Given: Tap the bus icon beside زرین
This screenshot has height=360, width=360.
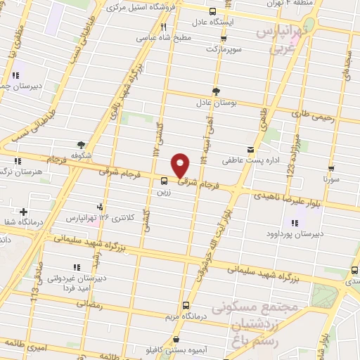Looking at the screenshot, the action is click(164, 181).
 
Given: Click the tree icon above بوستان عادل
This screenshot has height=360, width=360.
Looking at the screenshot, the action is click(216, 91).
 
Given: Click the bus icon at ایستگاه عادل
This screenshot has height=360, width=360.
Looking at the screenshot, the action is click(213, 11).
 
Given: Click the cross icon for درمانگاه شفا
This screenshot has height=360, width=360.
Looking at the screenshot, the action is click(24, 212).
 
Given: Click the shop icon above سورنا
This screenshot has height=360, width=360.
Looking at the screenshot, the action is click(330, 169).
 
